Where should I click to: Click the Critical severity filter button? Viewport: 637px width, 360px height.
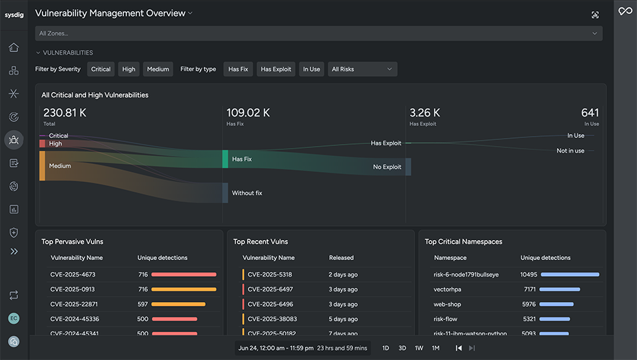click(101, 69)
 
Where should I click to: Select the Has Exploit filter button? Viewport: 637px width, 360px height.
click(275, 69)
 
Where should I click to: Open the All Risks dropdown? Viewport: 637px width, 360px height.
click(362, 69)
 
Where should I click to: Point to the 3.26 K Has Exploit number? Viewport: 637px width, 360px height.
click(424, 113)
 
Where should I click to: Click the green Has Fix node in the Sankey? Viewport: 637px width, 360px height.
click(225, 159)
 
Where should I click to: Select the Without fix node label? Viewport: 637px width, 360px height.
click(247, 193)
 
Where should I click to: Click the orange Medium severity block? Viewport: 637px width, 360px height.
click(42, 165)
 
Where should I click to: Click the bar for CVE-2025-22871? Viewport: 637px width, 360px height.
click(178, 304)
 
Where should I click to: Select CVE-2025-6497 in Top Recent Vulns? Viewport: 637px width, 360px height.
click(270, 289)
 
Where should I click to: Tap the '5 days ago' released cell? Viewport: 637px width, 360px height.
click(343, 319)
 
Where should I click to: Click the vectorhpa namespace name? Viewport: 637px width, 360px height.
click(448, 289)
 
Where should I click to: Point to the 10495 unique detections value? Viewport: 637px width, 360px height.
click(528, 275)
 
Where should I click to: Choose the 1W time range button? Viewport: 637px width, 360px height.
click(418, 348)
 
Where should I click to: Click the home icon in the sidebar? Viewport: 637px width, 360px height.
click(13, 47)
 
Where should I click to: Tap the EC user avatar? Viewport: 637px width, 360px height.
click(13, 319)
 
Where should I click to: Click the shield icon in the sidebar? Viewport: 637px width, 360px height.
click(13, 232)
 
